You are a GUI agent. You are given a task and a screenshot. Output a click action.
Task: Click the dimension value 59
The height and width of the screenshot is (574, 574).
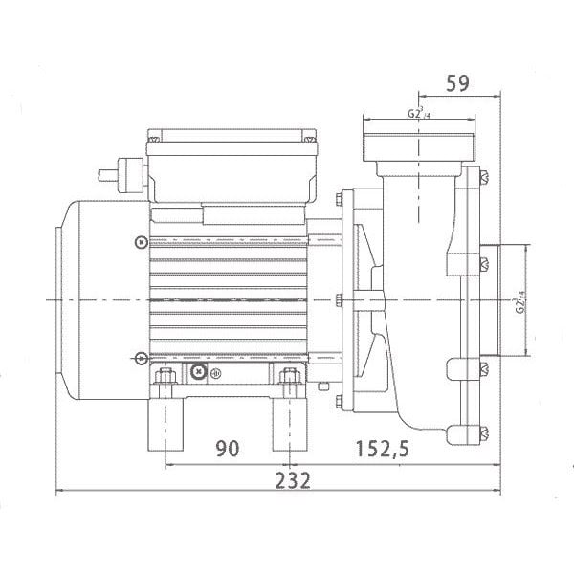click(x=456, y=84)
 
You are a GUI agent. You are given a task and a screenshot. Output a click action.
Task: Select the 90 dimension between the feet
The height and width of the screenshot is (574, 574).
click(x=226, y=447)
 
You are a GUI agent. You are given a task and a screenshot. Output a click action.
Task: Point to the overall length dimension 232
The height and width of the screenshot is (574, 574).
click(x=292, y=479)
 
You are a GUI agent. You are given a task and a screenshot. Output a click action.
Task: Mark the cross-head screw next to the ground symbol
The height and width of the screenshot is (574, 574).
click(x=199, y=370)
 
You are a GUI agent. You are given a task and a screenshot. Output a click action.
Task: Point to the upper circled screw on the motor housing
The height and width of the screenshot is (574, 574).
click(x=142, y=239)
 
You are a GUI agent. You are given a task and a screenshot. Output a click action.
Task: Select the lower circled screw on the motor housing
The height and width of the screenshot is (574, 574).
click(x=142, y=358)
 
